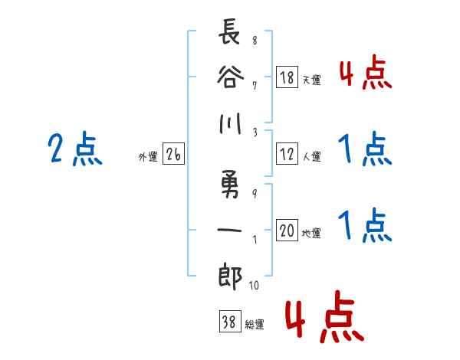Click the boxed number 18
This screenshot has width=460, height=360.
[287, 77]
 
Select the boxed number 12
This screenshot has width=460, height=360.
[287, 154]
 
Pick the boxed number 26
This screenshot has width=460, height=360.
[173, 155]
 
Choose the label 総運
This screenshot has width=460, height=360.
[254, 325]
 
